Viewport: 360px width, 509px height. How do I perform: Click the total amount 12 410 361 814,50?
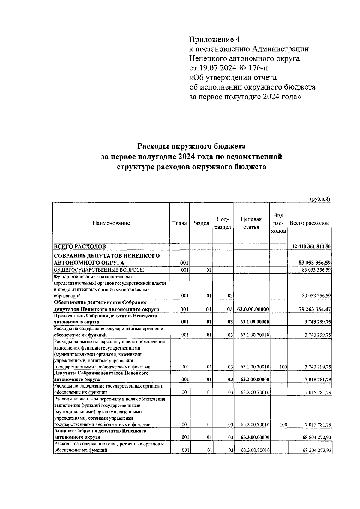[311, 247]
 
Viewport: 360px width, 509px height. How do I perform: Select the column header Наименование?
[111, 223]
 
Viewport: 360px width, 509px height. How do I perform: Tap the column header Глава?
[179, 223]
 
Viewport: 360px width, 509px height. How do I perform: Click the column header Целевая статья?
[251, 223]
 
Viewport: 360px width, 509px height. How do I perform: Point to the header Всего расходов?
[309, 223]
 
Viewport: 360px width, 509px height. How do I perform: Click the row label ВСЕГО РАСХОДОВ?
[79, 247]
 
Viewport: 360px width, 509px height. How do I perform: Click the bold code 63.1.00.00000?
[254, 322]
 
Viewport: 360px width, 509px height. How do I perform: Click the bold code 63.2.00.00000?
[254, 380]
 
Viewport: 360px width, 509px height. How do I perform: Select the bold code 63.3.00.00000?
[254, 438]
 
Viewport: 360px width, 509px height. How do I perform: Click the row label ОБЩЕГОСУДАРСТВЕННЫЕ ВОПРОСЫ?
[99, 270]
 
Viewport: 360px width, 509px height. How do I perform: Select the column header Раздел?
[200, 223]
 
